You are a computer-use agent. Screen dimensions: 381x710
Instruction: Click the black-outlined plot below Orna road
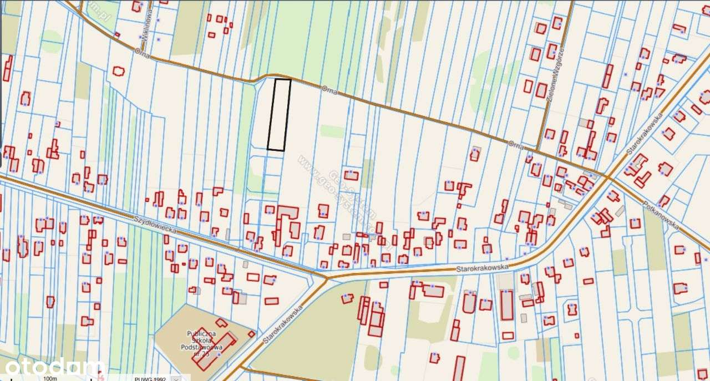point(279,114)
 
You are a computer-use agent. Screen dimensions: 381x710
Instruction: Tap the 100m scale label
point(50,378)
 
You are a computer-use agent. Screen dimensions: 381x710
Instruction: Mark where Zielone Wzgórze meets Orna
point(538,150)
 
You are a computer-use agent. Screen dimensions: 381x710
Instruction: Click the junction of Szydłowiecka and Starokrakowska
point(326,276)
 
